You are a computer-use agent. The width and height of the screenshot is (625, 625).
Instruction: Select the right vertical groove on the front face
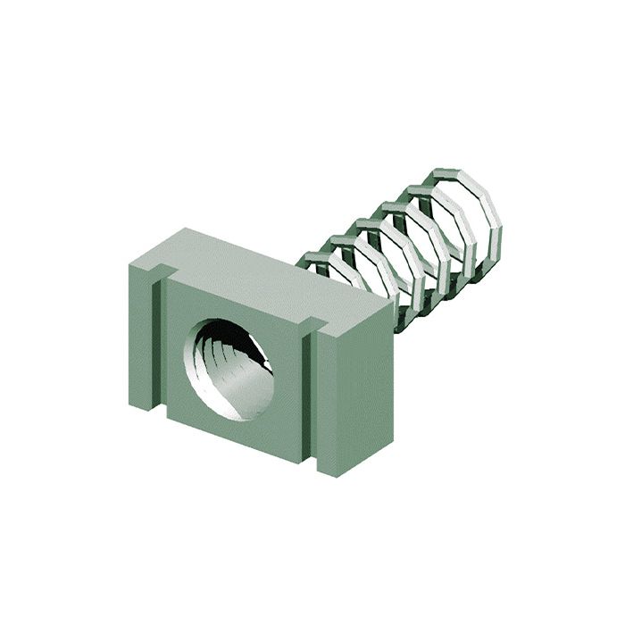tap(310, 393)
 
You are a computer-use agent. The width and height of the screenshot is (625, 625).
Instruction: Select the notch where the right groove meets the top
tap(312, 323)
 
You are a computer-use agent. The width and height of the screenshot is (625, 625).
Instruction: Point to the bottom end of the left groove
tap(161, 412)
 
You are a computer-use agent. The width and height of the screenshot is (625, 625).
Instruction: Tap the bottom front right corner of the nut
tap(337, 475)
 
